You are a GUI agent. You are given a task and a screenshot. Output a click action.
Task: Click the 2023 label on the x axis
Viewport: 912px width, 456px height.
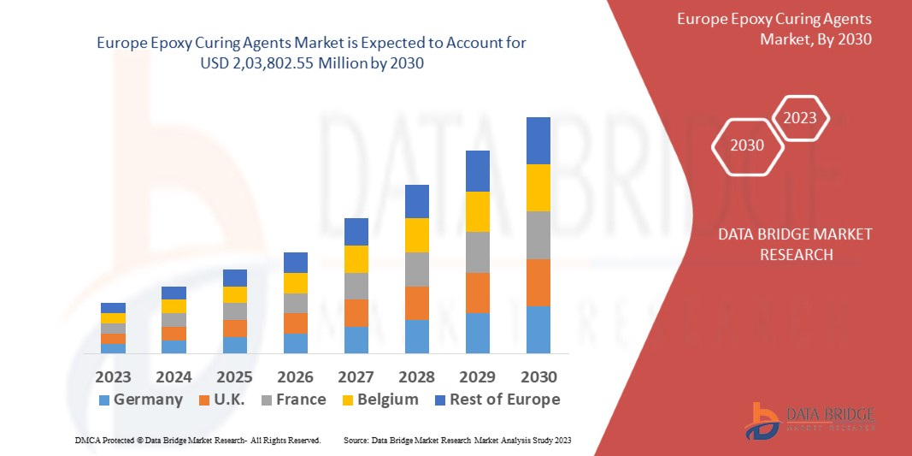click(x=113, y=376)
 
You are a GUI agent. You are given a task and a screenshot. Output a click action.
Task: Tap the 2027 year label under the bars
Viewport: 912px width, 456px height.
click(x=356, y=376)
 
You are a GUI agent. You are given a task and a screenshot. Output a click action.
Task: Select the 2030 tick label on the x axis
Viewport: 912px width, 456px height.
click(x=538, y=376)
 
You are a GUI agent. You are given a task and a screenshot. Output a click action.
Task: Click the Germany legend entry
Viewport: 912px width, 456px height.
click(x=140, y=400)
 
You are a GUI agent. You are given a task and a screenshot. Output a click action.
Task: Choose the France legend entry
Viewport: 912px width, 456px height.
click(x=291, y=400)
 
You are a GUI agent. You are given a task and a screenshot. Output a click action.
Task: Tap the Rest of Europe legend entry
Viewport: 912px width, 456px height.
click(x=496, y=400)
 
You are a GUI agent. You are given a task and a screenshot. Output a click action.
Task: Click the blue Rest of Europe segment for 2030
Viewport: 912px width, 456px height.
click(x=538, y=140)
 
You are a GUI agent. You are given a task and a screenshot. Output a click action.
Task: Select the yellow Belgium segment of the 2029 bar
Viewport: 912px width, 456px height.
click(x=478, y=211)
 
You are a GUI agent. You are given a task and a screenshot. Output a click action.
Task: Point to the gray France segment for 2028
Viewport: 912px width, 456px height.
click(x=416, y=269)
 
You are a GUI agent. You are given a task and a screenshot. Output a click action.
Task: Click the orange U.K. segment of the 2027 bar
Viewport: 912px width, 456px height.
click(x=356, y=312)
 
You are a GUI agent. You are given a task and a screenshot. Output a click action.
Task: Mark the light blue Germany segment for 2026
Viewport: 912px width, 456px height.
click(x=296, y=343)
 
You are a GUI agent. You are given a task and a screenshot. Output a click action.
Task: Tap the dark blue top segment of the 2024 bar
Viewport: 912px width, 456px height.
click(x=174, y=293)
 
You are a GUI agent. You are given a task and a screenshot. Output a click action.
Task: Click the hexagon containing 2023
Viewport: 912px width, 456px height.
click(x=800, y=118)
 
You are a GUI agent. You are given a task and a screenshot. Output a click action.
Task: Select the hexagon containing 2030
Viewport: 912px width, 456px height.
click(x=747, y=145)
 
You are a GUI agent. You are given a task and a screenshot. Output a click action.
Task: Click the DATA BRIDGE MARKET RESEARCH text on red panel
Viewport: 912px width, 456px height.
click(x=795, y=244)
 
